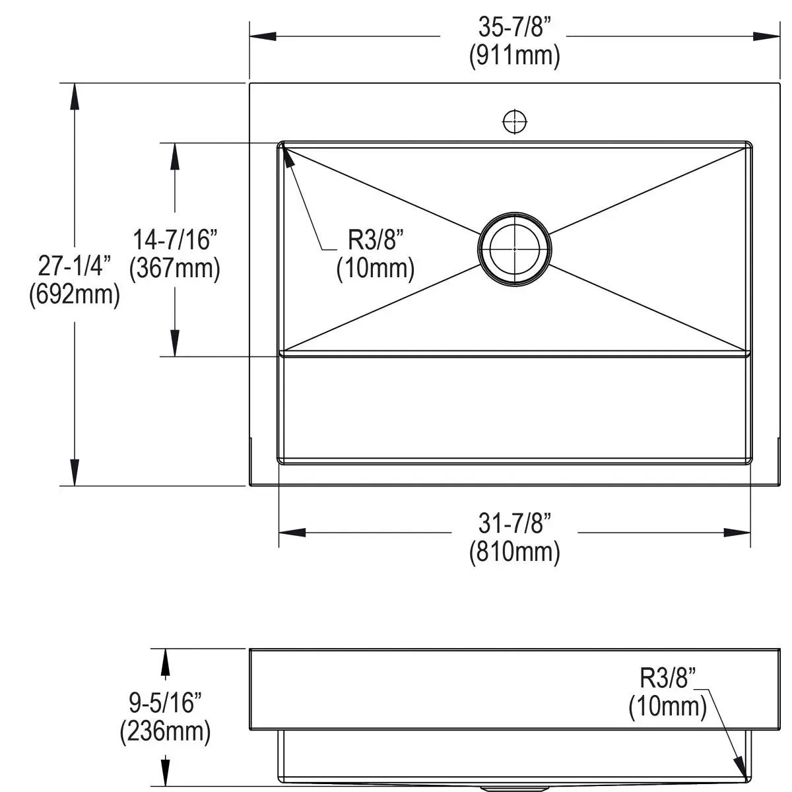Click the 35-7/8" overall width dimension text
coord(514,27)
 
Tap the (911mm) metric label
coord(514,56)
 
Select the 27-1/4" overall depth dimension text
coord(75,266)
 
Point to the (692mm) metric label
coord(75,294)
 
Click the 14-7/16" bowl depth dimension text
coord(175,240)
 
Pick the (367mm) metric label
coord(175,269)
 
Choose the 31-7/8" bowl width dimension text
coord(514,523)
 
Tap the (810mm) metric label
coord(514,552)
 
